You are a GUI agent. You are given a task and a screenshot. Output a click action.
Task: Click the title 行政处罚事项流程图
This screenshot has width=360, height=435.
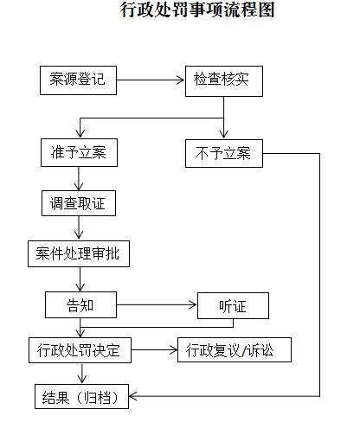[197, 10]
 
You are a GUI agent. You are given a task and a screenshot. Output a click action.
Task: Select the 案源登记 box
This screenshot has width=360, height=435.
[78, 80]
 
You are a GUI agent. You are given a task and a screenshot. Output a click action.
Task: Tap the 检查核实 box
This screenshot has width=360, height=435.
[224, 81]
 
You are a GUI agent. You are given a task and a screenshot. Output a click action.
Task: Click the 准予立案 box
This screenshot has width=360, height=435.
[79, 152]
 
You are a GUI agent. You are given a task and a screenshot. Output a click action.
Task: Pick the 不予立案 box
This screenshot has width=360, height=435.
[224, 153]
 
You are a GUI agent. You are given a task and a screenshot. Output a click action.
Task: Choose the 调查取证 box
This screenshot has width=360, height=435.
[79, 203]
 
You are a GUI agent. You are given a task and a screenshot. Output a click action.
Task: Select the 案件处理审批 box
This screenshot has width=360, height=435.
[79, 253]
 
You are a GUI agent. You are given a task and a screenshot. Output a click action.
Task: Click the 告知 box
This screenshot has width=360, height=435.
[80, 304]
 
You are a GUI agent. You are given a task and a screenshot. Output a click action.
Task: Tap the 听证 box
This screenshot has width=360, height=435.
[233, 305]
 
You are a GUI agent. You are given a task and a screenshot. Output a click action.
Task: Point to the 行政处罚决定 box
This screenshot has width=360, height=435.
[80, 350]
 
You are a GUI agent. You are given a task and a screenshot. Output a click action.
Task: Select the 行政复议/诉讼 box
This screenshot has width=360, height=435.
[235, 349]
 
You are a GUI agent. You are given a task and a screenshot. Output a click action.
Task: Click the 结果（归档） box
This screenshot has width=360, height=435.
[81, 396]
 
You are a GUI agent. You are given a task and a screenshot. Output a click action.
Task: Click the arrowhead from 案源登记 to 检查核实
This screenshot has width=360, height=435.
[181, 80]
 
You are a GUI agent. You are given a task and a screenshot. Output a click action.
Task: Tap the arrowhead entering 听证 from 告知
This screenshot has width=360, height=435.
[193, 304]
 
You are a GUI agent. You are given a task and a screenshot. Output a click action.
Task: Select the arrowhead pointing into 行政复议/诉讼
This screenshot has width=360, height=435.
[174, 350]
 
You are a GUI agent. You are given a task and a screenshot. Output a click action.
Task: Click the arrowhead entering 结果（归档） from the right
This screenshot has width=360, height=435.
[132, 396]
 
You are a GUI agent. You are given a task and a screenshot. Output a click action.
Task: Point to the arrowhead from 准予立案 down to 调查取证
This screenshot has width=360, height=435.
[79, 186]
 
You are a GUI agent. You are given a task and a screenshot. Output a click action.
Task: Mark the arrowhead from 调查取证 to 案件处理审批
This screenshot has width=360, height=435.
[79, 234]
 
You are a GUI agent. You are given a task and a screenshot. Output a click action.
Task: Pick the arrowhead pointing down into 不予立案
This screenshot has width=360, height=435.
[224, 134]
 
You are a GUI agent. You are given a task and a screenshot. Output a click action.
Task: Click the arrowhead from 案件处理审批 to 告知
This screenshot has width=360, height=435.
[80, 287]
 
